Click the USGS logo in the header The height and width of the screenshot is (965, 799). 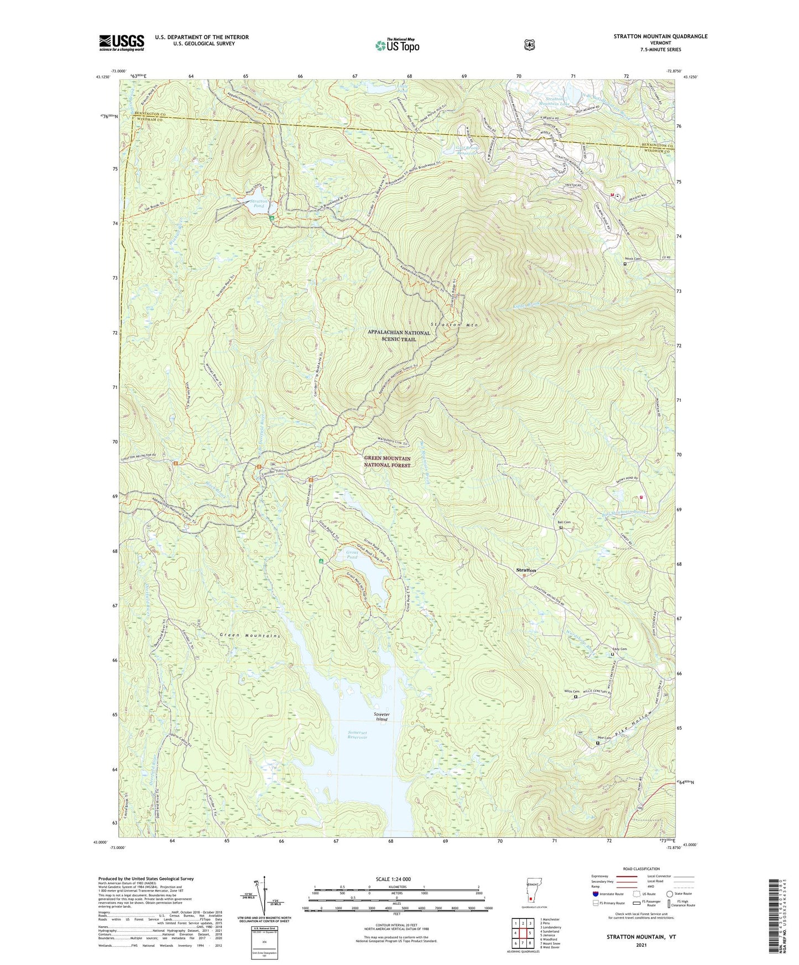122,42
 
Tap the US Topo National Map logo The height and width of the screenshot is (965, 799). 397,45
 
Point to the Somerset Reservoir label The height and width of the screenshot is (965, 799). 357,735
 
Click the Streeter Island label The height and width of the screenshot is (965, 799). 382,716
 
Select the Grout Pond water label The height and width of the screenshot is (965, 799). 352,554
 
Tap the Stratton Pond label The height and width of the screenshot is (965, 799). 259,204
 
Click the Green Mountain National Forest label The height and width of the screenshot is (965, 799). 387,461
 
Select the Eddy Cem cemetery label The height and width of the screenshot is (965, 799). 619,649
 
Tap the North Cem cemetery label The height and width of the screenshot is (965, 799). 633,259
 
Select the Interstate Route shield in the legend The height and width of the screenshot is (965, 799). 595,894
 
